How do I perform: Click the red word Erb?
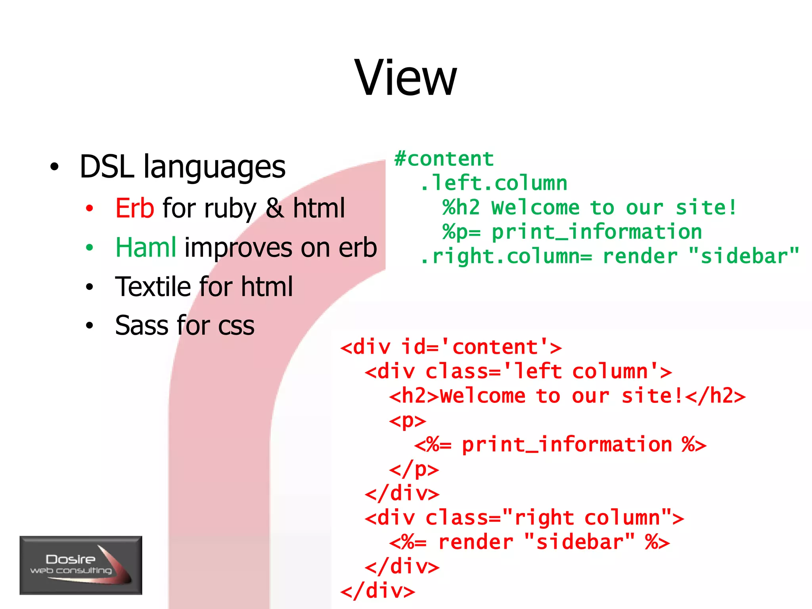(x=134, y=208)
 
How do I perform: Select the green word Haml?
(x=146, y=247)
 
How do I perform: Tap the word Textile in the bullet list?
(x=153, y=286)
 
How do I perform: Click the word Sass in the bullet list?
(x=142, y=326)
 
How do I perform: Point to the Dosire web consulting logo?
(x=81, y=565)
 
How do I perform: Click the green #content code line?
(x=444, y=159)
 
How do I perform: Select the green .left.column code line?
(x=494, y=183)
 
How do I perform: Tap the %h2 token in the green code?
(x=461, y=208)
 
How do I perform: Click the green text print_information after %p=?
(x=597, y=232)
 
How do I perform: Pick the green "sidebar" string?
(x=744, y=257)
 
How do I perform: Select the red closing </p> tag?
(x=414, y=469)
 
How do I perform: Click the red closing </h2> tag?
(x=715, y=396)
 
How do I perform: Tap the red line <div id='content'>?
(x=451, y=347)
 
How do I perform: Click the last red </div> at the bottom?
(x=378, y=591)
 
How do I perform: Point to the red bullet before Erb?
(x=90, y=209)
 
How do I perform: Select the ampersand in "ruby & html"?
(x=275, y=208)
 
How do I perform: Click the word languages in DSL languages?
(x=214, y=167)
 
